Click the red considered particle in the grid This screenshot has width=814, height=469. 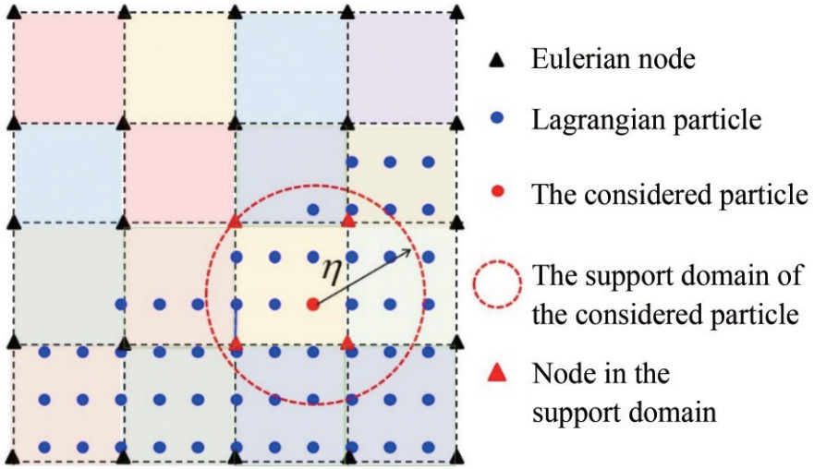[313, 304]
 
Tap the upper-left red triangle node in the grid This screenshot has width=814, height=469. [236, 222]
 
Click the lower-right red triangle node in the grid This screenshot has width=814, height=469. [348, 343]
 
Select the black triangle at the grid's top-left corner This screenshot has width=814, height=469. [13, 11]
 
